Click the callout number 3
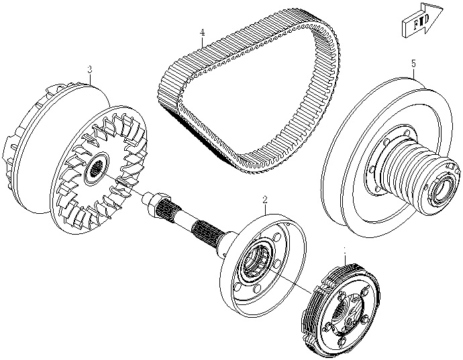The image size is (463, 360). (89, 70)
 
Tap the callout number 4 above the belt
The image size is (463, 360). (201, 32)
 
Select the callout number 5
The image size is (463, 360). (413, 64)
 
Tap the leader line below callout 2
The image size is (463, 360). (266, 211)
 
